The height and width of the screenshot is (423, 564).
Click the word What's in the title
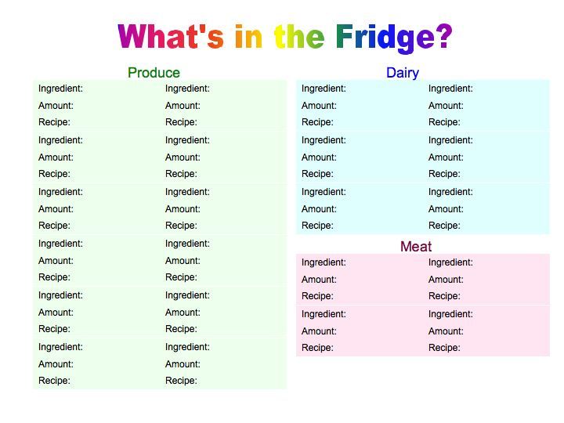click(171, 36)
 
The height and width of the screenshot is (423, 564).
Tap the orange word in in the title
click(248, 36)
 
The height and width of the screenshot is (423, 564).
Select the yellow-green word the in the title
click(299, 36)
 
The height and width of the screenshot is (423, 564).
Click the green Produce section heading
click(154, 73)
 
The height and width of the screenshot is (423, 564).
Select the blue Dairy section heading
click(403, 73)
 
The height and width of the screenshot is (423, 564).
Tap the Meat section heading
click(416, 247)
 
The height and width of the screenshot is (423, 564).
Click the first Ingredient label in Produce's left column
click(60, 89)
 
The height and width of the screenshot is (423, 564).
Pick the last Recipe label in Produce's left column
click(54, 381)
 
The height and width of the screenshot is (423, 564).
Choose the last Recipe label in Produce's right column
click(181, 381)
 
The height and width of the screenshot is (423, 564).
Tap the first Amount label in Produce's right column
click(183, 106)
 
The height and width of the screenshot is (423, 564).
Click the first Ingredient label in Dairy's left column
click(324, 89)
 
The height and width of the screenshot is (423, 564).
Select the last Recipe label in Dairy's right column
click(444, 226)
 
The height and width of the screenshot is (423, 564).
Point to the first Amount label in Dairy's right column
click(446, 106)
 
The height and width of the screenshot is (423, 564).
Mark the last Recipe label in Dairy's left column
click(317, 226)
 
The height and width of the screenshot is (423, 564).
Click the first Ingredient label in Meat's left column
click(324, 263)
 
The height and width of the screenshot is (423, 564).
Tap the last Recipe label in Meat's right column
click(444, 348)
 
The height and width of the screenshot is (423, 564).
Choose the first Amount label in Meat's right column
click(446, 280)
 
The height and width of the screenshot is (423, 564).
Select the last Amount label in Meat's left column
click(319, 331)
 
